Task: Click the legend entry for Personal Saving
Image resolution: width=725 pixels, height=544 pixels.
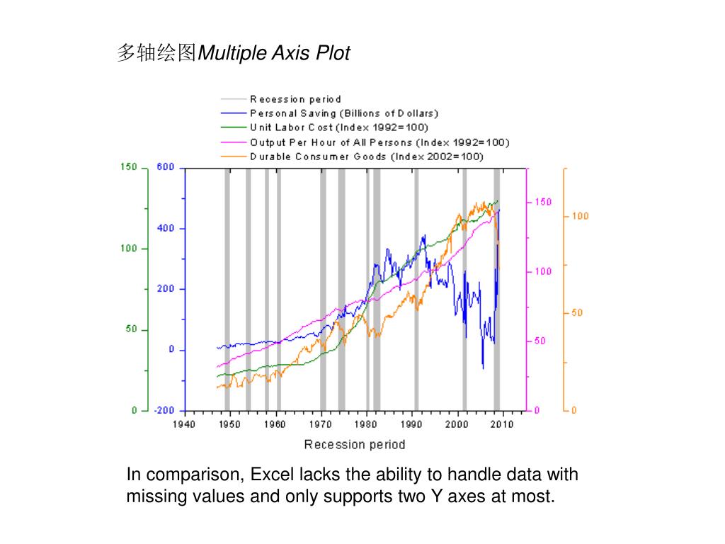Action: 344,113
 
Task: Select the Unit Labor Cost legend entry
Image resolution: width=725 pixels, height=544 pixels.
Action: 339,127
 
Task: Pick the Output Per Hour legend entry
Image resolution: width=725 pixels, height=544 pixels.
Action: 379,142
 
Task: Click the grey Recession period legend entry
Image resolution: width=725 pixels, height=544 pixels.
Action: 295,99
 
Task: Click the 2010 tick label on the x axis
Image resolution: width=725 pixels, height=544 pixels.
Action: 503,424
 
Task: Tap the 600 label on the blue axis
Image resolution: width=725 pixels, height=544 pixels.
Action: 166,167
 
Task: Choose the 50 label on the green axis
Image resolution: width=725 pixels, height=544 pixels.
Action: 131,330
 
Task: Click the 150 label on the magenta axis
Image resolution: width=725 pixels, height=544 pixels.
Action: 543,202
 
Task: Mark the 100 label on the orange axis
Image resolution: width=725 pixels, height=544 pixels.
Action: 581,216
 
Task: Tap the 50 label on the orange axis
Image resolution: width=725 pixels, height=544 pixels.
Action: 578,313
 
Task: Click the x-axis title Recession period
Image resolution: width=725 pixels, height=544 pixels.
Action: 355,445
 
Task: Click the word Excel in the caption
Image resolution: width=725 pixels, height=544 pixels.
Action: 271,475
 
